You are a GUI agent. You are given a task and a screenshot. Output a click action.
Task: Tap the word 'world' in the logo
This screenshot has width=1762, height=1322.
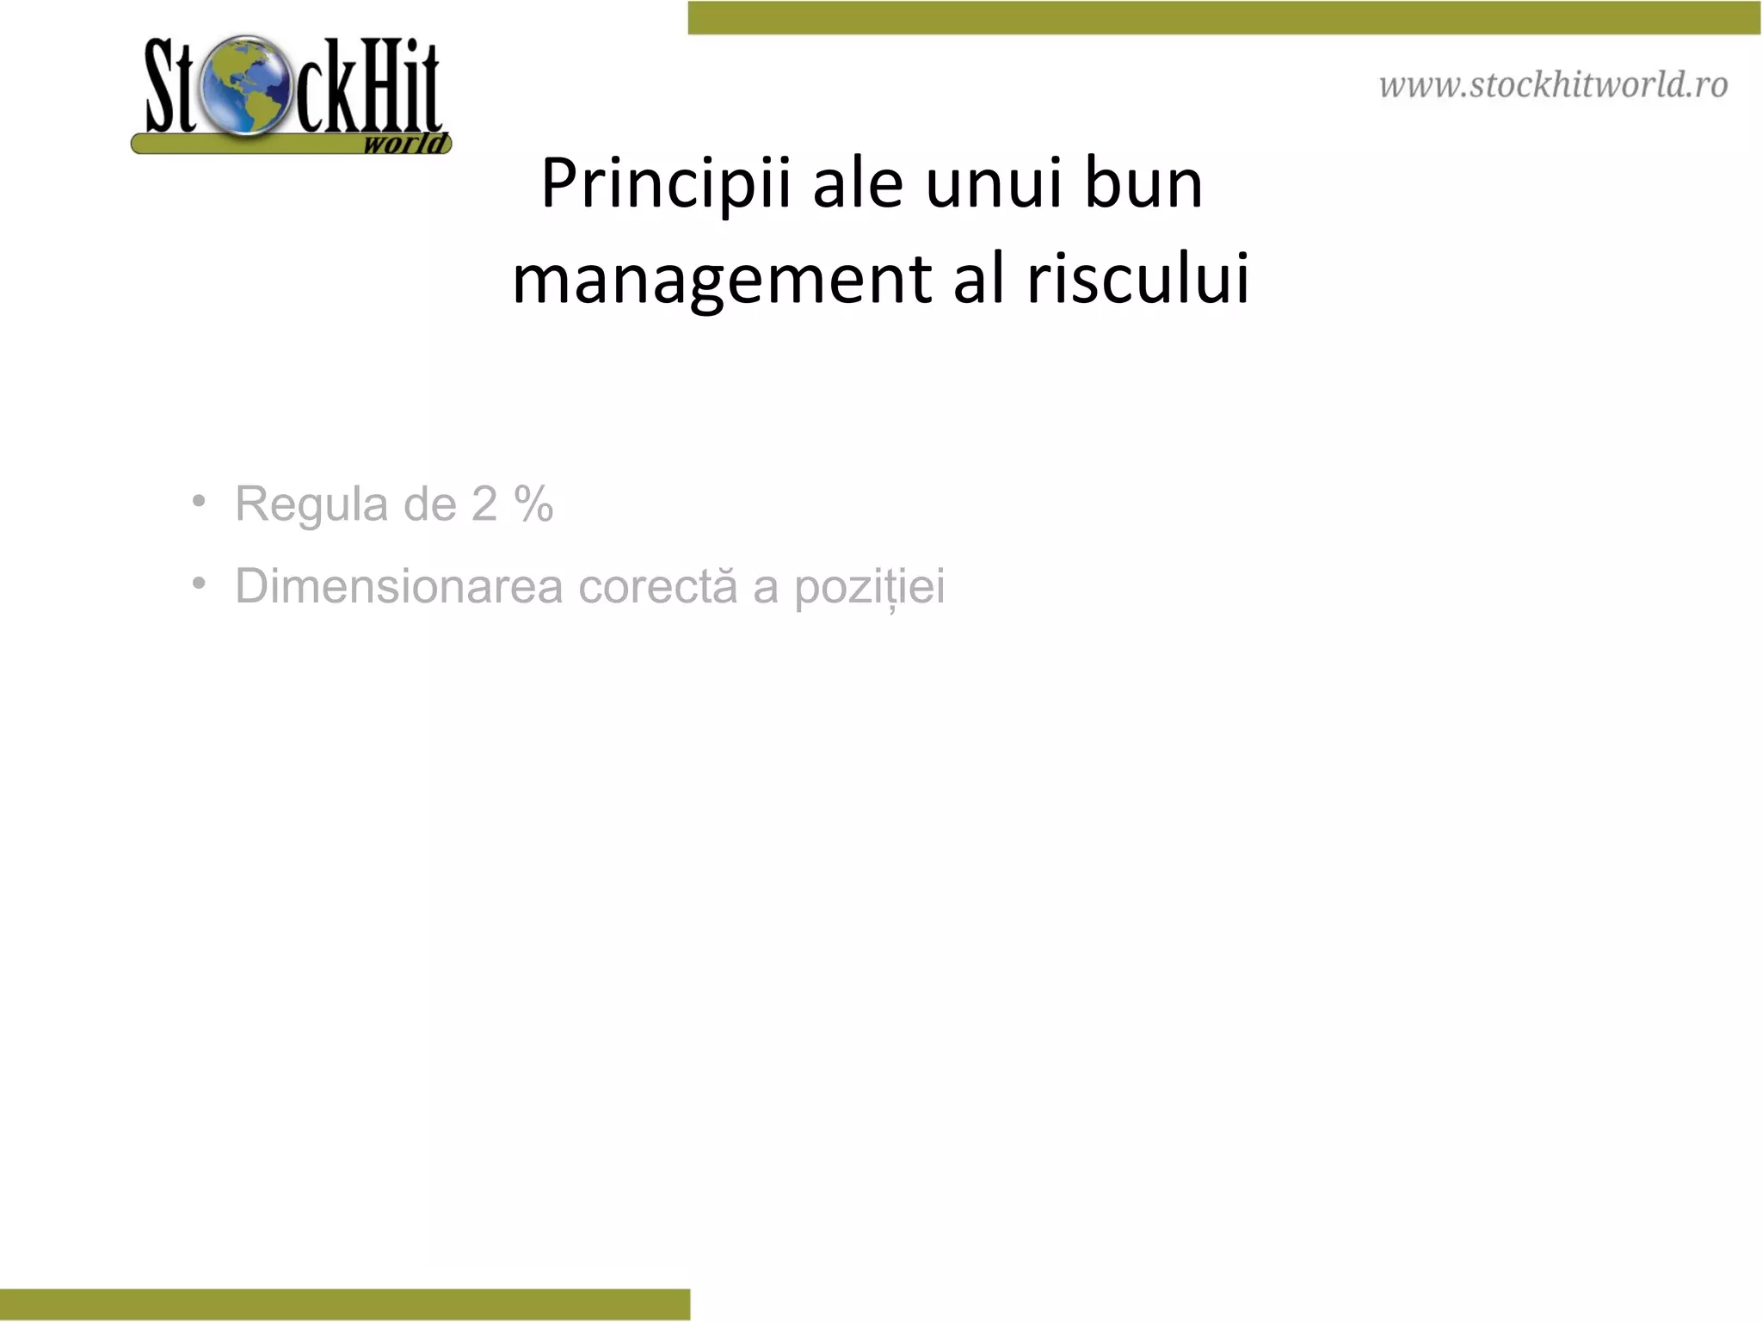pyautogui.click(x=405, y=143)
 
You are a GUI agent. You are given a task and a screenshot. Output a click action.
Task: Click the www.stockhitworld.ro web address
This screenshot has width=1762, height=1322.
pyautogui.click(x=1553, y=85)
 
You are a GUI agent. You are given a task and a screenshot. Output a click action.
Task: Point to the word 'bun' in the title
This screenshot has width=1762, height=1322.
pyautogui.click(x=1143, y=183)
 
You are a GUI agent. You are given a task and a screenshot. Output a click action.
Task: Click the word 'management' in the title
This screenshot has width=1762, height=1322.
pyautogui.click(x=722, y=281)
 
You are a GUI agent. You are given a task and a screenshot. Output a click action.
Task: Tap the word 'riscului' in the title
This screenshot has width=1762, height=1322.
pyautogui.click(x=1137, y=279)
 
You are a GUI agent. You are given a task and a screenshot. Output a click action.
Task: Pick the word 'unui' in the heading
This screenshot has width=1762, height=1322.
pyautogui.click(x=993, y=184)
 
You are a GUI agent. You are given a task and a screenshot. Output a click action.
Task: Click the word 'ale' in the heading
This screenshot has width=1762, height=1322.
pyautogui.click(x=858, y=184)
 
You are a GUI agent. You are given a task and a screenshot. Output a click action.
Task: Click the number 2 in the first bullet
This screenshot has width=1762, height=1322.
pyautogui.click(x=484, y=504)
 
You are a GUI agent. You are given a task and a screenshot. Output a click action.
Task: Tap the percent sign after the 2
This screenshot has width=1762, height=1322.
pyautogui.click(x=533, y=504)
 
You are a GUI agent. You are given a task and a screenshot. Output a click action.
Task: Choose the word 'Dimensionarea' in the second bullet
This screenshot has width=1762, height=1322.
pyautogui.click(x=399, y=587)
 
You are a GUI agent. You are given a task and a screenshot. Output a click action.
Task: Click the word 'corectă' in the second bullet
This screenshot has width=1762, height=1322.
pyautogui.click(x=657, y=587)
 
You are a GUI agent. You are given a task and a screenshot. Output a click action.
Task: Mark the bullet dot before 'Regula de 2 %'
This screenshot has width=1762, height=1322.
pyautogui.click(x=200, y=501)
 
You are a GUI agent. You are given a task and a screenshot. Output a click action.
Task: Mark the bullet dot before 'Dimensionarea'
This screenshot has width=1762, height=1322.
pyautogui.click(x=200, y=584)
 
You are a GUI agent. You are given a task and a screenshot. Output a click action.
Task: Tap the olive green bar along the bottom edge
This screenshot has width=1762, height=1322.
pyautogui.click(x=344, y=1304)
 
